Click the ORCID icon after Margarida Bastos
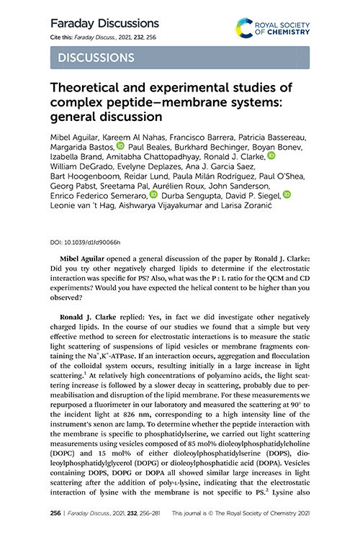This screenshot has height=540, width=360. (x=120, y=145)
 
